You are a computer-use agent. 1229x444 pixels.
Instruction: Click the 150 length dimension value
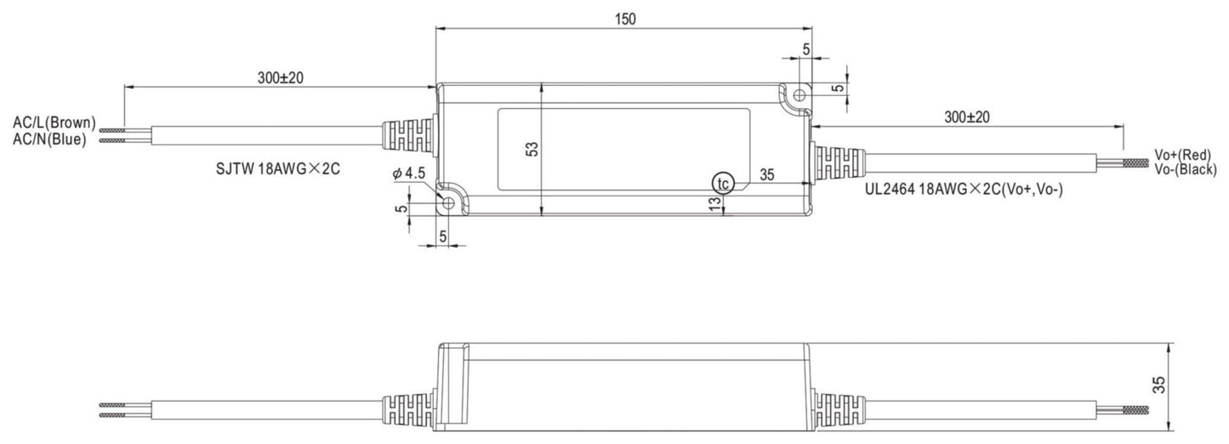point(624,18)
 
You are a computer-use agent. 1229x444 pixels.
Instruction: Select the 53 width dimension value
point(532,148)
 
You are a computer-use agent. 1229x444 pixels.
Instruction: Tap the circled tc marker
point(722,183)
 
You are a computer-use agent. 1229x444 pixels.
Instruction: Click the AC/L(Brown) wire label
point(54,123)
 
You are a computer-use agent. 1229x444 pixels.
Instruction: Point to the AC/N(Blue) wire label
point(49,140)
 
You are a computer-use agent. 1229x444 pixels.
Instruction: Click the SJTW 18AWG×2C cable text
point(278,169)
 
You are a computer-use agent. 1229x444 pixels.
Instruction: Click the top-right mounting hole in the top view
point(798,97)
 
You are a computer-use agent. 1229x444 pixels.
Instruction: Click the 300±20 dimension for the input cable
point(281,77)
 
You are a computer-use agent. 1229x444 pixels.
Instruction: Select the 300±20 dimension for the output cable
point(968,117)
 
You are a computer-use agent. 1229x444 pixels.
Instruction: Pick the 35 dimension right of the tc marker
point(766,175)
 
